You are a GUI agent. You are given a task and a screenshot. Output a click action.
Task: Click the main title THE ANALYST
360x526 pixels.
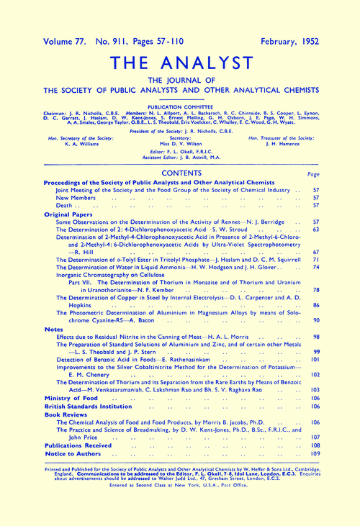pyautogui.click(x=180, y=62)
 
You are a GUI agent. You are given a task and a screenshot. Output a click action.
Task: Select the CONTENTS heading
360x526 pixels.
pyautogui.click(x=179, y=174)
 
